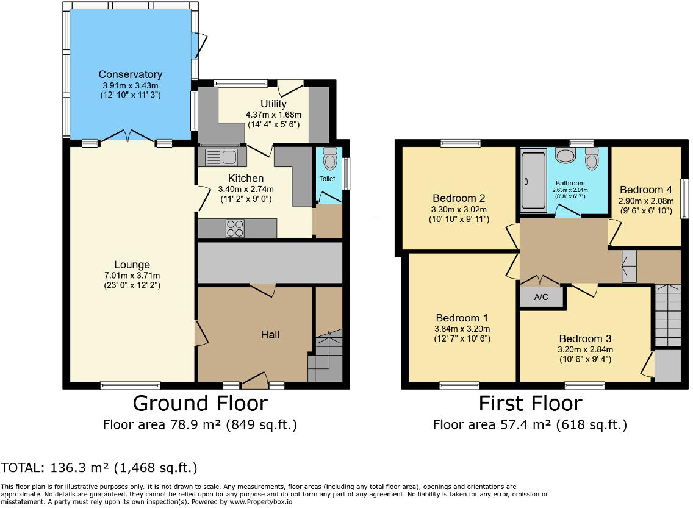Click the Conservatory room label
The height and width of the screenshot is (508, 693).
tap(131, 74)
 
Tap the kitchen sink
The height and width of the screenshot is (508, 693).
tap(221, 157)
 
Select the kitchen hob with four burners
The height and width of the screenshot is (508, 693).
tap(236, 229)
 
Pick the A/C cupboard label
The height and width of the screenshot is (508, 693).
tap(541, 298)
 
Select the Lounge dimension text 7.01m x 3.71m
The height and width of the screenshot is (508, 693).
tap(132, 275)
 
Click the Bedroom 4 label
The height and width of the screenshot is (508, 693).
tap(645, 190)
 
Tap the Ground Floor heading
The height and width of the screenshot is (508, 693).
tap(199, 404)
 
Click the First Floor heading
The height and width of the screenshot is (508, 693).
tap(530, 404)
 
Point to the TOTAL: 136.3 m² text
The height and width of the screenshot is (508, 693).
tap(99, 468)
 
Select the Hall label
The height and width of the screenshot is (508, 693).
tap(271, 334)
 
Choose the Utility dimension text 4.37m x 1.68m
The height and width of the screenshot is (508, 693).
tap(273, 114)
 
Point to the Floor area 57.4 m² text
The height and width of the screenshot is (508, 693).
tap(530, 424)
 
